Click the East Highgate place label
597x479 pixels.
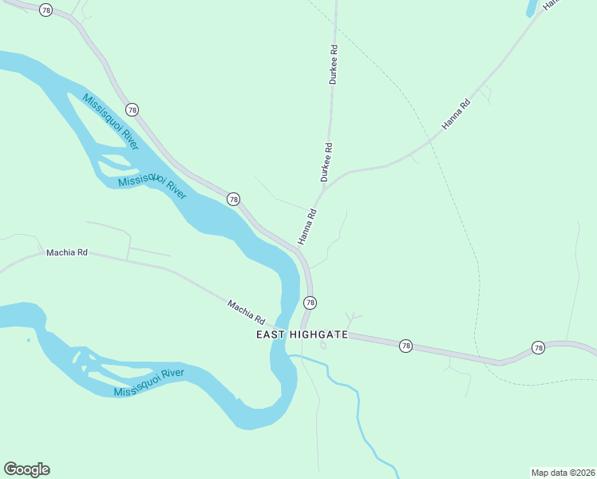click(x=302, y=335)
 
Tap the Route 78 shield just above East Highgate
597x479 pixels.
click(x=310, y=303)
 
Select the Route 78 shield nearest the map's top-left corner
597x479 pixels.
click(x=46, y=10)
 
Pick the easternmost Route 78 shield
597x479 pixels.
click(x=538, y=347)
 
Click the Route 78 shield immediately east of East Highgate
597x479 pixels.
click(x=405, y=346)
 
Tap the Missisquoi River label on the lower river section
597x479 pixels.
click(x=149, y=382)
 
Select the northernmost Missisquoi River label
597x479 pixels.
click(x=109, y=121)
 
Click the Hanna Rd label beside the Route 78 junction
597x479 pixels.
click(x=307, y=227)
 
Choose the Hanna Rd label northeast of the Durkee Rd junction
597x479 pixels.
click(x=456, y=114)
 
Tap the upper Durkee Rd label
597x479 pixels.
click(x=334, y=65)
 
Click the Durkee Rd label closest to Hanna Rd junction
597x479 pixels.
click(x=326, y=162)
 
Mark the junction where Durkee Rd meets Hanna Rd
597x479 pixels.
click(x=323, y=190)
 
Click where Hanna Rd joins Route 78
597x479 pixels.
click(x=299, y=249)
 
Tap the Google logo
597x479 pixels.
click(x=26, y=469)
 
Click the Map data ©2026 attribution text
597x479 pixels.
click(x=563, y=472)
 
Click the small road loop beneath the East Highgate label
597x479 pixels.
click(x=323, y=346)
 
